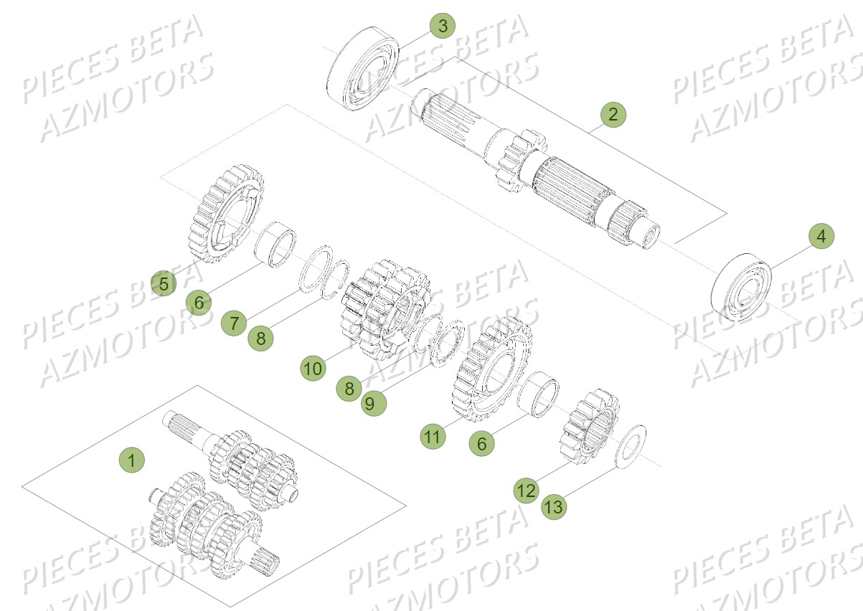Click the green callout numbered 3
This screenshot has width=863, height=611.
[443, 27]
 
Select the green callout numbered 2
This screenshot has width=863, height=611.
[612, 114]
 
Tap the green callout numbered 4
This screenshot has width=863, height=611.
[822, 237]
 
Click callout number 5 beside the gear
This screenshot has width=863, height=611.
[164, 284]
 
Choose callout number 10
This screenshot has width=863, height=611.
[312, 369]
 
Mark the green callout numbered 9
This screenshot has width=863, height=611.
[369, 404]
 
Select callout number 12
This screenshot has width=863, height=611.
[525, 491]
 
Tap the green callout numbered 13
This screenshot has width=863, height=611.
[555, 507]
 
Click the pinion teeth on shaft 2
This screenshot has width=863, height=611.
[515, 161]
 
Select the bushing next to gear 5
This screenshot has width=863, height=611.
[276, 245]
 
